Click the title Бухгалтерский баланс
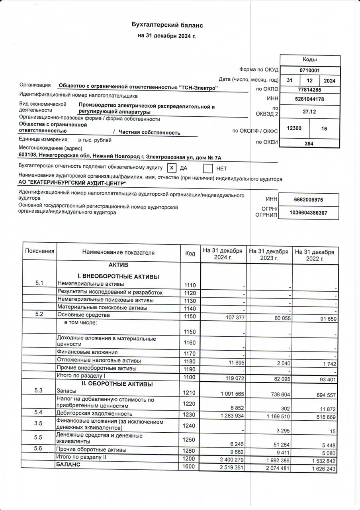168,25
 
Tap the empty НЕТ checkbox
208,169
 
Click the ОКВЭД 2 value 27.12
309,112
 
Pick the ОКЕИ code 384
309,143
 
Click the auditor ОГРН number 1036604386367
309,213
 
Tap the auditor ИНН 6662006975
309,200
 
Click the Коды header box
309,60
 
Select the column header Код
190,253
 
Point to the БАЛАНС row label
68,465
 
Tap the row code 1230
190,415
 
